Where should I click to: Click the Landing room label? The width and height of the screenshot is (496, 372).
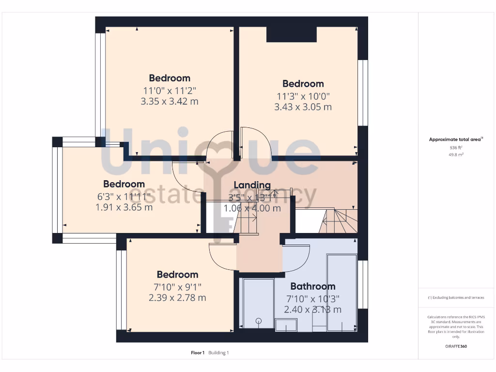coord(252,185)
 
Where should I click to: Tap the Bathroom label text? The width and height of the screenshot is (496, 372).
coord(312,286)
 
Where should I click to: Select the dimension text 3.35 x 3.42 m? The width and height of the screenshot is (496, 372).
coord(170,102)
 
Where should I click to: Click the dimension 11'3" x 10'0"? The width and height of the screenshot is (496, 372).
coord(303,96)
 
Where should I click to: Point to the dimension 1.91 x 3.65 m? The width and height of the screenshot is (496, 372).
coord(124,207)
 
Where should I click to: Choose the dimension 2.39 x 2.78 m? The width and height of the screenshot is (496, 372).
coord(177,297)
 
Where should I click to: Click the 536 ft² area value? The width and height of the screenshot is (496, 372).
coord(456,148)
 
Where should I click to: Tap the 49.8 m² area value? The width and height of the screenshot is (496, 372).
coord(456,155)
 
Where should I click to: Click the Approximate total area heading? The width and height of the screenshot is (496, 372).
coord(455,139)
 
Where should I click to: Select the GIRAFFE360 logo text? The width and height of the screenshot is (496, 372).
coord(456,346)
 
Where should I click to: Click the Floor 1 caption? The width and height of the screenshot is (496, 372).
coord(198,353)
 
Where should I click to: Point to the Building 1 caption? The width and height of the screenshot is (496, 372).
coord(218,353)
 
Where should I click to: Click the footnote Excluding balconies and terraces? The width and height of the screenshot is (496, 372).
coord(456,297)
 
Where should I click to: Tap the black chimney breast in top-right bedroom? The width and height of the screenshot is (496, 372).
coord(292,34)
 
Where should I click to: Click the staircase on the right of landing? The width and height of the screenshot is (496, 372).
coord(339,221)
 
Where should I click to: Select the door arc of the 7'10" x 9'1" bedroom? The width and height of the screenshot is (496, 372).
coord(221,257)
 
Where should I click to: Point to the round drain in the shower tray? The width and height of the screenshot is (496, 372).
coord(258,320)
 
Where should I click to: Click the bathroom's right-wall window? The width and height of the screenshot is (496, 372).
coord(362,285)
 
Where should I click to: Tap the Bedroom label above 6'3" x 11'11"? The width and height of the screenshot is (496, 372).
coord(124,184)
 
